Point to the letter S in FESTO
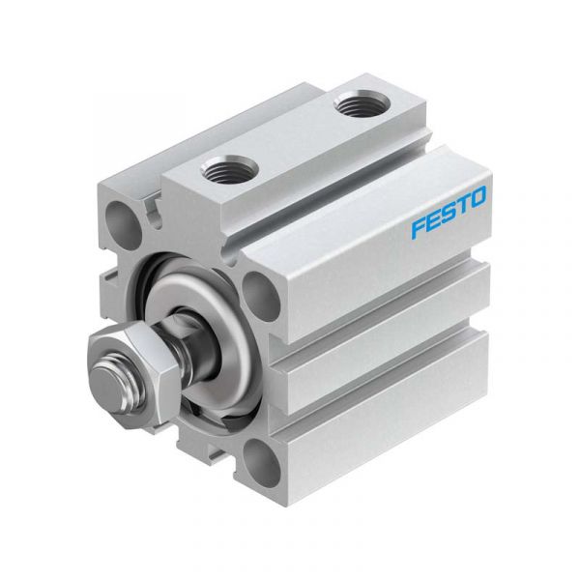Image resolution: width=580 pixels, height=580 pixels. pyautogui.click(x=448, y=213)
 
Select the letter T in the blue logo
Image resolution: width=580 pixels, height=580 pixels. pyautogui.click(x=462, y=205)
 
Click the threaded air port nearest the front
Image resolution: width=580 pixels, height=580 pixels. pyautogui.click(x=228, y=170)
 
